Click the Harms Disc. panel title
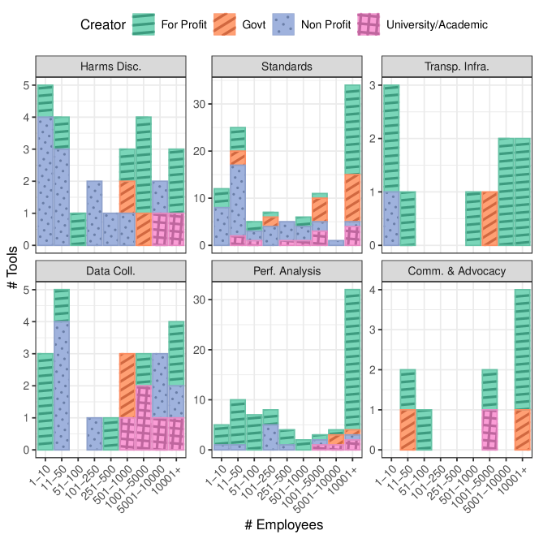click(111, 66)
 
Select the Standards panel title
click(287, 66)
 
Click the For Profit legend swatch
click(144, 24)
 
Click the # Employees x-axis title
click(284, 524)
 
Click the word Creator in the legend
click(102, 24)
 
